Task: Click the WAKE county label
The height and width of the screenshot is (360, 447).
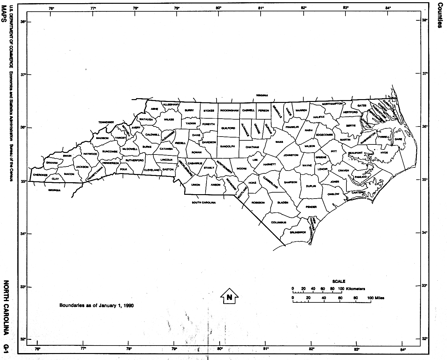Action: click(279, 142)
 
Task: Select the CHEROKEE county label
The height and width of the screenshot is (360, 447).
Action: click(40, 175)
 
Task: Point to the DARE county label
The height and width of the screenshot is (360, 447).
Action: click(399, 139)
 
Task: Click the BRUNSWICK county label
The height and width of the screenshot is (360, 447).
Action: click(298, 232)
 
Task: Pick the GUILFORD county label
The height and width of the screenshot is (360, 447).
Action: click(228, 128)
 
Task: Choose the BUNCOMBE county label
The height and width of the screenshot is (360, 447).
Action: click(110, 151)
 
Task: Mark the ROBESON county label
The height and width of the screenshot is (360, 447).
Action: click(258, 203)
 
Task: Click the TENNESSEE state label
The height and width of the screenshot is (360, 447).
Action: click(106, 122)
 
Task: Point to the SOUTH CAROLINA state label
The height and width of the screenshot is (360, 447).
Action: click(204, 202)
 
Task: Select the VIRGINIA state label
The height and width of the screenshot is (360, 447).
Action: click(262, 95)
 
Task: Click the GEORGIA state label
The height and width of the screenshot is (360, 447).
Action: click(54, 190)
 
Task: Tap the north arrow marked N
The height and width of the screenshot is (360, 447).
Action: click(229, 296)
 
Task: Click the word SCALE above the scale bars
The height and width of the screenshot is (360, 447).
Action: click(338, 281)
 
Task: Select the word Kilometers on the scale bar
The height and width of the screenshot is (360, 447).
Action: click(355, 289)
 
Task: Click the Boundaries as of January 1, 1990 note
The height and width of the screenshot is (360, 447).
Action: click(97, 305)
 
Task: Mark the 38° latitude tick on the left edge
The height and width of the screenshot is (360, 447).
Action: click(23, 22)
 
